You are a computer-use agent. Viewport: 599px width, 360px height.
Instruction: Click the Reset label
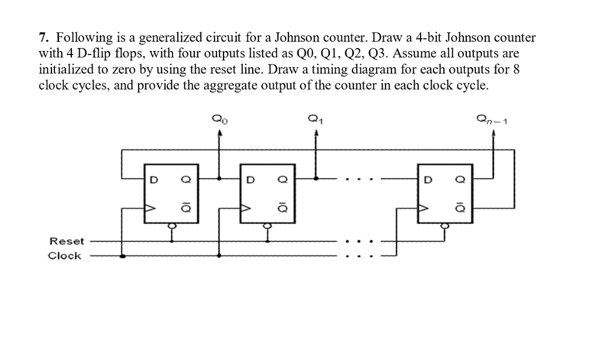[x=67, y=241]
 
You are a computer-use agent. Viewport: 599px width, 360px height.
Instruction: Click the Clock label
[x=64, y=256]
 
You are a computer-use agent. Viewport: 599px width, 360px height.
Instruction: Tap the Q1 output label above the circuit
[x=316, y=121]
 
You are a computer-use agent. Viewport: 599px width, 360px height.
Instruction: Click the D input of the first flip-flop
[x=154, y=180]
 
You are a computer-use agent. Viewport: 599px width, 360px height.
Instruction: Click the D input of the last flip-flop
[x=428, y=180]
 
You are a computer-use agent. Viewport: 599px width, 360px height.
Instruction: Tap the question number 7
[x=43, y=39]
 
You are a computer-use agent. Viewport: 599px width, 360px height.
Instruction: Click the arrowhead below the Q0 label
[x=220, y=134]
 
